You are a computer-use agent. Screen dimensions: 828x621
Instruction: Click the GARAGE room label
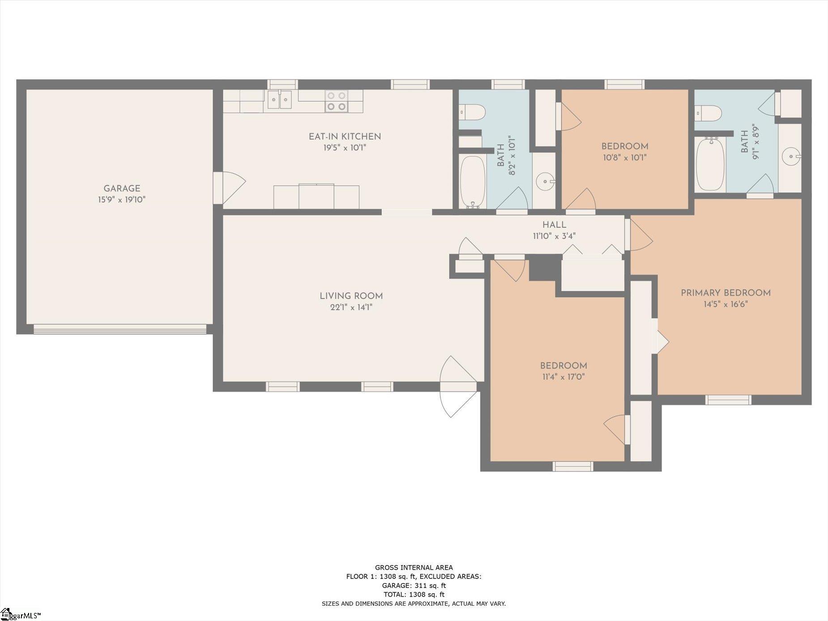122,188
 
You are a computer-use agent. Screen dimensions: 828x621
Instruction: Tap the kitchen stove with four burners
337,101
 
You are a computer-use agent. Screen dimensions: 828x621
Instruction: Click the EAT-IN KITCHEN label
345,136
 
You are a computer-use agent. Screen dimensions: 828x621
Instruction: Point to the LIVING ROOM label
351,296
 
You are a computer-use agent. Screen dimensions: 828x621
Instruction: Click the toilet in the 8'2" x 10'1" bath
472,112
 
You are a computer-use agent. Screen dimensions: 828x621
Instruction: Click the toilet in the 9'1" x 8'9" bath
708,113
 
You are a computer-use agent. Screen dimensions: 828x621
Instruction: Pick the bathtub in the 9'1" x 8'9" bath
710,164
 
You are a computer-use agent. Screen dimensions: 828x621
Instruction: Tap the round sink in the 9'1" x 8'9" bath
791,157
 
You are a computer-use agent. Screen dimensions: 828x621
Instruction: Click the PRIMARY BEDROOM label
726,293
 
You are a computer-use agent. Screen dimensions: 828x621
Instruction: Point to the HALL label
554,225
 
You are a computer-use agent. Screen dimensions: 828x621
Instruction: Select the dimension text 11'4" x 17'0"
563,377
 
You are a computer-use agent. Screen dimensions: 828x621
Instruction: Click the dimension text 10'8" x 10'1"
625,157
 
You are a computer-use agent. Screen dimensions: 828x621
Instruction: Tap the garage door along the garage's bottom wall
120,329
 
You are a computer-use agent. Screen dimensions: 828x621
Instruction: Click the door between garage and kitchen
229,188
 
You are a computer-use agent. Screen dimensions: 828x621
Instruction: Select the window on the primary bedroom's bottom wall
728,400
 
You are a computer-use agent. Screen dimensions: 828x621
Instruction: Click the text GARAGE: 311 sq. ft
414,585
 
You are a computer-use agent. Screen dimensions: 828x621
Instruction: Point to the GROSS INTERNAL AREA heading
414,567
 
